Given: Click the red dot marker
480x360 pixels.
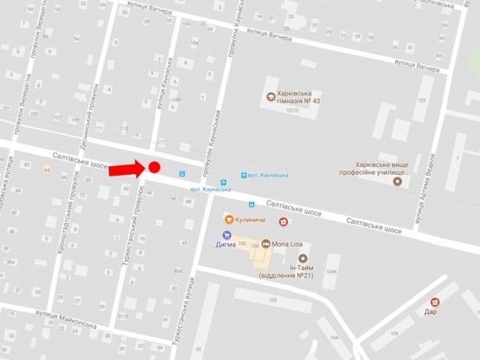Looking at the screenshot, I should point(155,167).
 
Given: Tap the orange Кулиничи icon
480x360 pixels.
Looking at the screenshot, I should point(228,218).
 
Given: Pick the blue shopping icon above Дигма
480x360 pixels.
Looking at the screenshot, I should point(227,234).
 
